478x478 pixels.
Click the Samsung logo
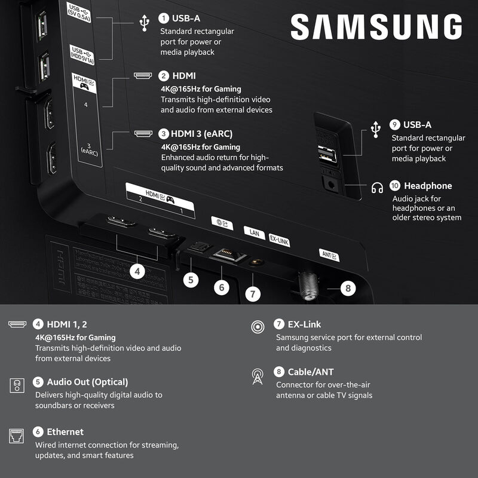(x=376, y=27)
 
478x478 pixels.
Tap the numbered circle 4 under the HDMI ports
(x=138, y=271)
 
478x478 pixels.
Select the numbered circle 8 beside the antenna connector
(x=347, y=287)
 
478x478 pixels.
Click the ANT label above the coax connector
(x=329, y=255)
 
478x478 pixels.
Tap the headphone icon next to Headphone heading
(x=377, y=188)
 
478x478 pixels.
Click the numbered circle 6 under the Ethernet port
(x=222, y=287)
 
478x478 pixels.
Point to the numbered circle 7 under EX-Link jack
(x=253, y=293)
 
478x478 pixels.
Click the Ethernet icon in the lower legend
(x=17, y=434)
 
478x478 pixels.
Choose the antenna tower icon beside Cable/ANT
(x=258, y=376)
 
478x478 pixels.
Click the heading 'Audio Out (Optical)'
(x=87, y=382)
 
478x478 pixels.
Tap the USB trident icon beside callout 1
(x=144, y=22)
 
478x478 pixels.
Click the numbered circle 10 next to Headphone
(x=394, y=186)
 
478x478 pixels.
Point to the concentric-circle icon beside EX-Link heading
(x=258, y=327)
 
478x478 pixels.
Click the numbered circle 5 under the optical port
(x=191, y=279)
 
